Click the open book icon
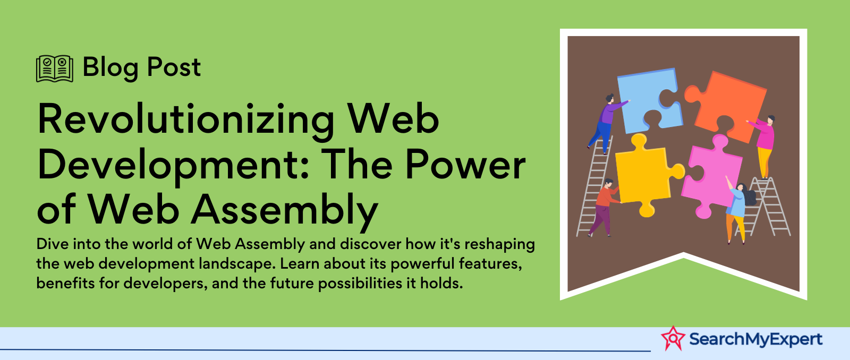point(55,68)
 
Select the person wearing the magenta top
point(763,146)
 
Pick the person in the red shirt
point(604,207)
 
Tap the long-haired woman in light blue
point(738,211)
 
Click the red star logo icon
point(673,338)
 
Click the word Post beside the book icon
point(174,67)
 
